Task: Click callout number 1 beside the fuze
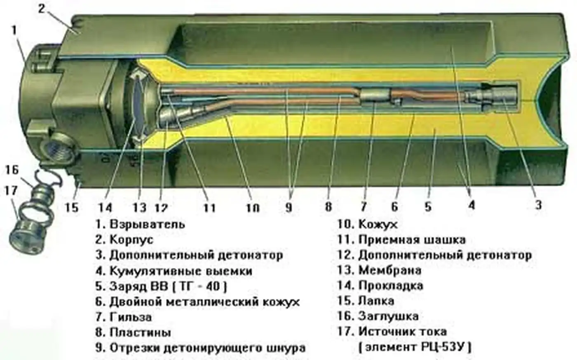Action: (x=14, y=30)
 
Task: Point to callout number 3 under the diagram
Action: (x=538, y=204)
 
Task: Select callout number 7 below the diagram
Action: (x=363, y=206)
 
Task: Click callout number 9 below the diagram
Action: (x=288, y=207)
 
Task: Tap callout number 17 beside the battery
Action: (x=11, y=191)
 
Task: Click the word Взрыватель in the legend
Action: (x=147, y=224)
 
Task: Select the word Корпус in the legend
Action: (x=131, y=240)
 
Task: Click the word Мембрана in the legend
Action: (x=390, y=270)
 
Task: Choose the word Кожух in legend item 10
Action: (x=378, y=224)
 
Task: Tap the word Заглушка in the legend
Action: (x=388, y=316)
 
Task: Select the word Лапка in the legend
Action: (x=376, y=301)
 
